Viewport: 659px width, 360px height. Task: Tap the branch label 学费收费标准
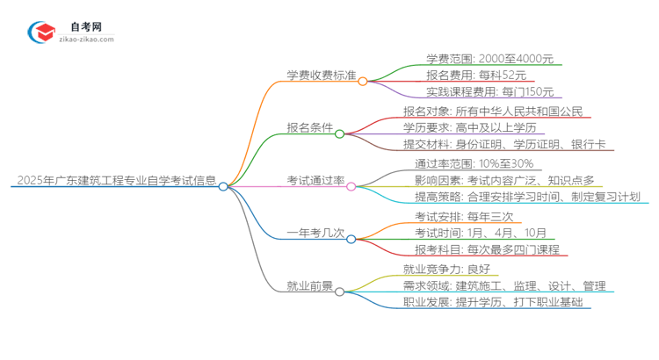[x=320, y=77]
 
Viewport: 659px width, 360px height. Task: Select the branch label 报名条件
[x=309, y=129]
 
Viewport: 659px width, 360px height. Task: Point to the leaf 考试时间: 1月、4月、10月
[x=481, y=233]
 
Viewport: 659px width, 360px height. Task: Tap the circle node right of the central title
[x=223, y=186]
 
